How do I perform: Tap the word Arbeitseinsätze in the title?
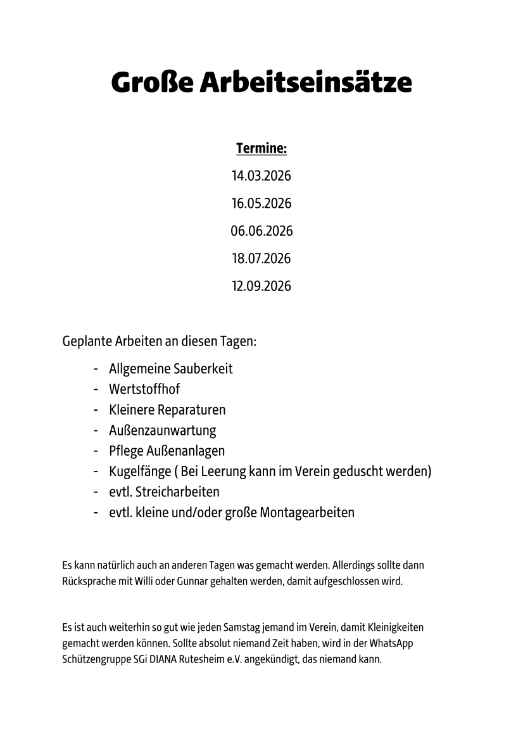306,82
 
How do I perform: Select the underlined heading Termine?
261,149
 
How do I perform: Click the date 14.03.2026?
261,176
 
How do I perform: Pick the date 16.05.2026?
261,203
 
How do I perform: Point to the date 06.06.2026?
261,231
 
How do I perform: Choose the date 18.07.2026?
261,259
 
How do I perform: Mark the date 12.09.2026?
261,286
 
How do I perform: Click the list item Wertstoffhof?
144,389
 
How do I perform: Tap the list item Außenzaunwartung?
162,430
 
